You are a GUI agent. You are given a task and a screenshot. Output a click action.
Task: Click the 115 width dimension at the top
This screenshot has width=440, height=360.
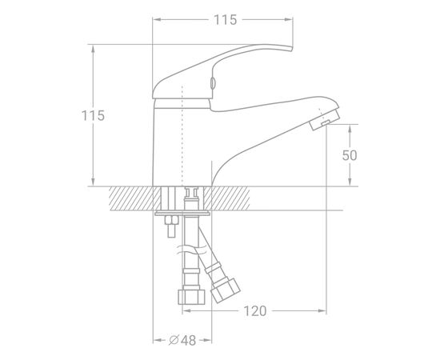(x=226, y=20)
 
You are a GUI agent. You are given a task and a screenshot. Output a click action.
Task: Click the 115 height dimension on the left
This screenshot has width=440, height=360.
(x=93, y=116)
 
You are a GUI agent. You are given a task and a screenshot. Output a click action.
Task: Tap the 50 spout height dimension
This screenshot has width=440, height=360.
(x=350, y=155)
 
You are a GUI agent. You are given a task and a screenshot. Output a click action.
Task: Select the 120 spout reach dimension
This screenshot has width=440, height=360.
(x=254, y=311)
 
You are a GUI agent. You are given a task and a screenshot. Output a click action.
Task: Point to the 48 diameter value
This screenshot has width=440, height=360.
(x=188, y=340)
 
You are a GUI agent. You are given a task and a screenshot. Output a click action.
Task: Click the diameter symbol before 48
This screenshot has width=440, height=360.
(x=174, y=340)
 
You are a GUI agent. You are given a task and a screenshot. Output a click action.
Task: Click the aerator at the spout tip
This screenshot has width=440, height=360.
(x=326, y=120)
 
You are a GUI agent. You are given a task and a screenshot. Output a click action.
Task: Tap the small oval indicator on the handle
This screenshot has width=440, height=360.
(x=213, y=83)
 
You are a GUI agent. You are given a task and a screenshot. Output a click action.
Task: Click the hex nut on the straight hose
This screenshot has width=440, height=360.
(x=192, y=297)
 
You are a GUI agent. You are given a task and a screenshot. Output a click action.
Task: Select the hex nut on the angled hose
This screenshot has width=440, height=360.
(x=226, y=290)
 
